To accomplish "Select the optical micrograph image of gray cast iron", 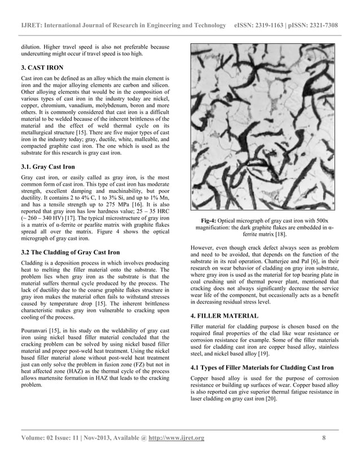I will click(264, 127).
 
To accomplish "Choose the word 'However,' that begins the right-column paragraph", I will click(204, 247).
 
